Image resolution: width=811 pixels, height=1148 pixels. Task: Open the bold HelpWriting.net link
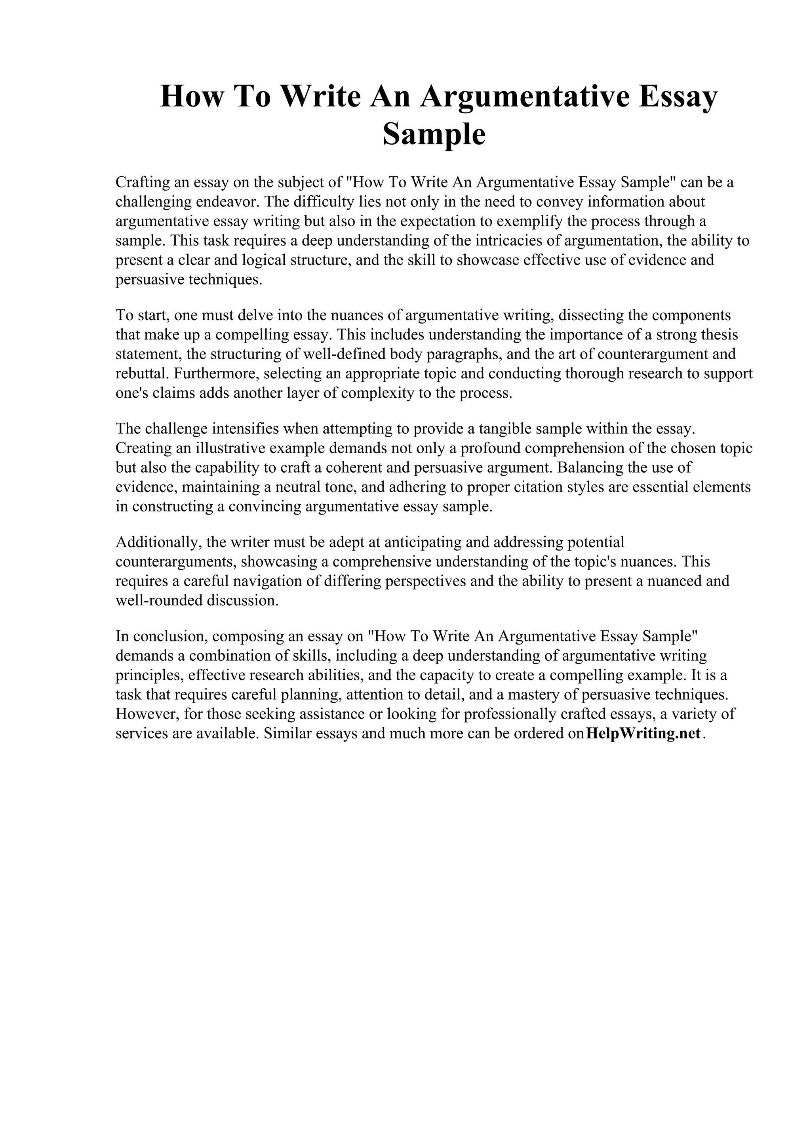click(x=643, y=734)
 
